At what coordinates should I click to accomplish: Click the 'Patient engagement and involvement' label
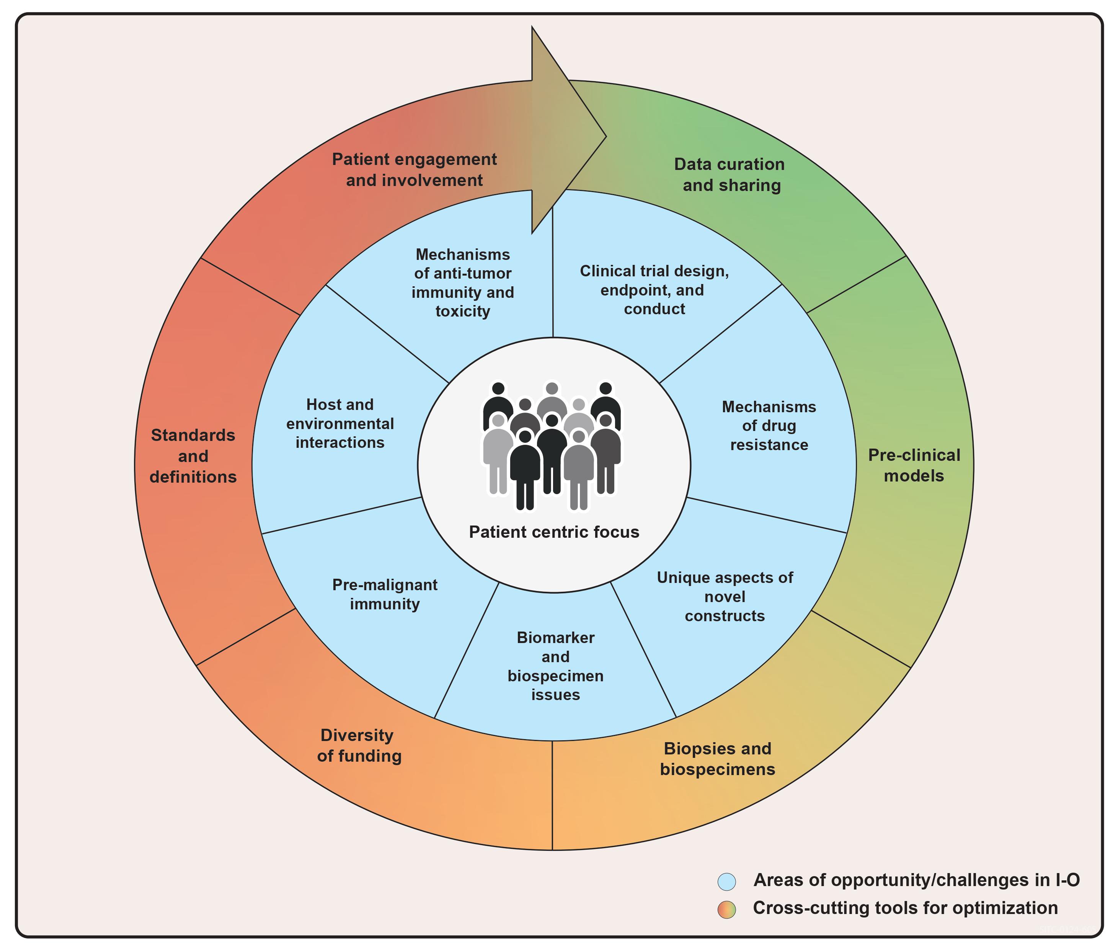(414, 170)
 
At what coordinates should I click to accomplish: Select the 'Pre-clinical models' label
(914, 465)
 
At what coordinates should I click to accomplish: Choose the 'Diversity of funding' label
(359, 745)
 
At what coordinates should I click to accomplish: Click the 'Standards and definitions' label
(193, 455)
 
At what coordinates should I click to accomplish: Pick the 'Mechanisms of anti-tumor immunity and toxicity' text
(463, 283)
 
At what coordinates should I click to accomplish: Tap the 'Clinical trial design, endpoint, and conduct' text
(654, 290)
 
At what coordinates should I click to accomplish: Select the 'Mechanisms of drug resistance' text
(769, 426)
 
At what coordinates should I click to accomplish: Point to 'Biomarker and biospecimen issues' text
(555, 666)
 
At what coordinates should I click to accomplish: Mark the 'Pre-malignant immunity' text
(385, 594)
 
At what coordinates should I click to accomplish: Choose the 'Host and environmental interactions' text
(340, 423)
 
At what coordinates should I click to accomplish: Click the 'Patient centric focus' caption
(553, 532)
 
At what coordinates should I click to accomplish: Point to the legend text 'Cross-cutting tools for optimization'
(905, 908)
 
